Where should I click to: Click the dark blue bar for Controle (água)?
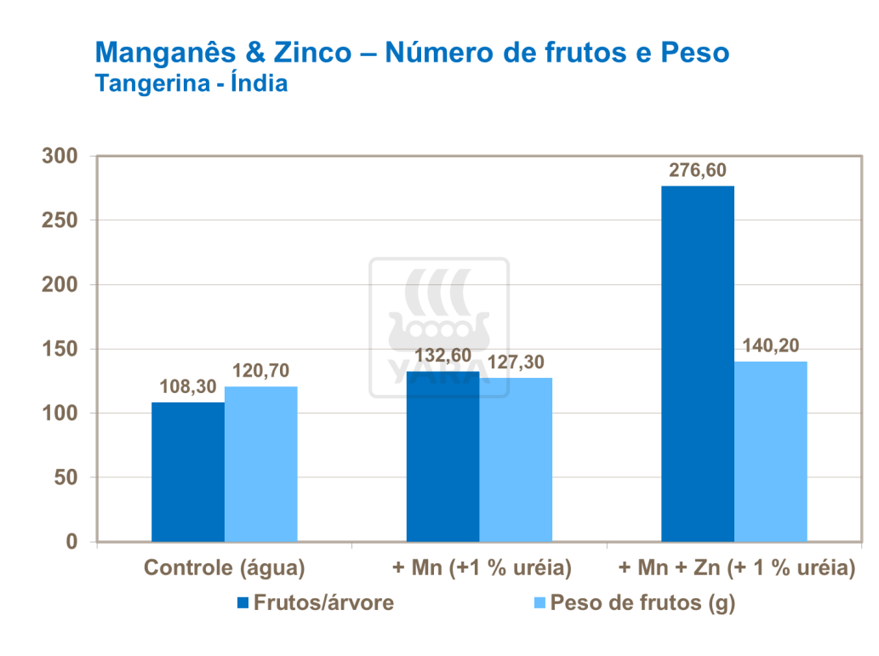(188, 472)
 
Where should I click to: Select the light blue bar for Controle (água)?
(261, 465)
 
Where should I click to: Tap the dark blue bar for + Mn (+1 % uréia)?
(442, 457)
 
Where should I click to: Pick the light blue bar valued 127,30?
(516, 460)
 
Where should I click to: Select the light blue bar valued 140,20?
(771, 452)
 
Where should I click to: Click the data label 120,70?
(262, 371)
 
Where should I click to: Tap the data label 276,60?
(698, 170)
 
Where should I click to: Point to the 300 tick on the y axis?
(60, 157)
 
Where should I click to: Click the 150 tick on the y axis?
(60, 350)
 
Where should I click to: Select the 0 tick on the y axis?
(71, 542)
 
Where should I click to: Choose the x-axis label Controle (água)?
(225, 568)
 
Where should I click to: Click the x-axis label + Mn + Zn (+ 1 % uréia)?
(735, 568)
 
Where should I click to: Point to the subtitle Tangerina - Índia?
(191, 84)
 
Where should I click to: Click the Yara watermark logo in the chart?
(439, 328)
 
